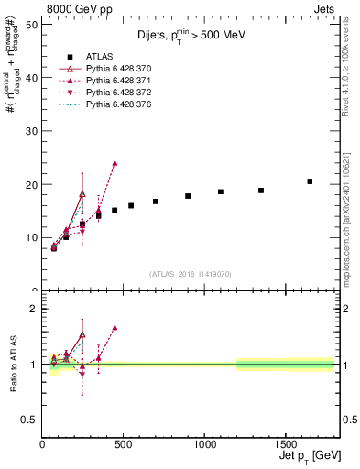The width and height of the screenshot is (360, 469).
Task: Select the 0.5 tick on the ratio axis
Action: coord(30,420)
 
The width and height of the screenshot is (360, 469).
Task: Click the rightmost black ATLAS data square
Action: coord(310,181)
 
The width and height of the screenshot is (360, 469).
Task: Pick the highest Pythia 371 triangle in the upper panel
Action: coord(115,163)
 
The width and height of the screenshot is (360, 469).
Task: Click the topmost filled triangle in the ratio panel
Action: coord(115,327)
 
